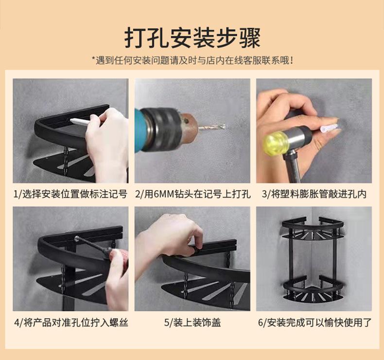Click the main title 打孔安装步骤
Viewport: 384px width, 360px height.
tap(192, 38)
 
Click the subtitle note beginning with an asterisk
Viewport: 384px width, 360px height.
tap(192, 60)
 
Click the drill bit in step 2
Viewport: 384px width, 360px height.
tap(212, 127)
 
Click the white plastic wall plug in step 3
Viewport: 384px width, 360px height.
tap(330, 128)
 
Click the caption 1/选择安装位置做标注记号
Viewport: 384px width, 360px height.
tap(70, 194)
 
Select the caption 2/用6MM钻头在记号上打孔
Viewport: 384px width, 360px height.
tap(193, 194)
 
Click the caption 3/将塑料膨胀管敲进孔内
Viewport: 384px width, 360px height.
tap(314, 194)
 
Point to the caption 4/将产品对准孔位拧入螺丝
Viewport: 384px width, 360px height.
tap(71, 323)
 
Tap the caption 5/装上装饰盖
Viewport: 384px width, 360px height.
tap(192, 323)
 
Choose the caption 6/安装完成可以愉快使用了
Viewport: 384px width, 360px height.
tap(314, 323)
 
